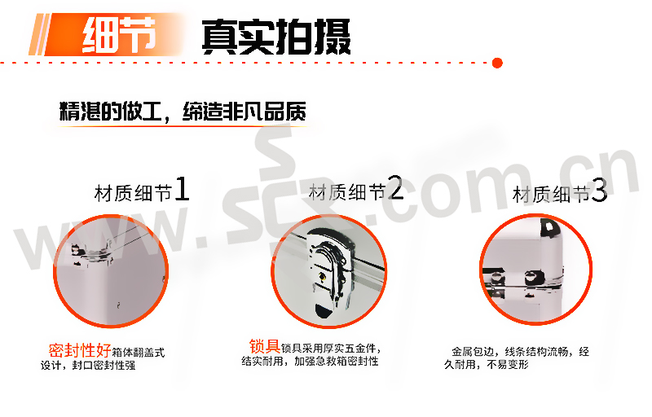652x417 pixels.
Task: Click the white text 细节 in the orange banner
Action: (119, 35)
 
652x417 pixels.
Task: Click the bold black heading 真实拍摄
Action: (276, 37)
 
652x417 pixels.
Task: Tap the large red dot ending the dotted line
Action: (497, 64)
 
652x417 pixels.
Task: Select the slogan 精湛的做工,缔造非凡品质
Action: (183, 111)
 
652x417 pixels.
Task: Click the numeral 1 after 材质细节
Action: (182, 189)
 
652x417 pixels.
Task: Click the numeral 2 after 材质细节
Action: (395, 187)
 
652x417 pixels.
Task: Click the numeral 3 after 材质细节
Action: (599, 191)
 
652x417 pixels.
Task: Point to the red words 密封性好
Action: (80, 350)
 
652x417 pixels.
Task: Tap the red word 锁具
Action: (264, 346)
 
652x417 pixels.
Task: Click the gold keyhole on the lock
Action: (321, 276)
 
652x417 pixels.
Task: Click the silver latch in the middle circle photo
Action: (331, 270)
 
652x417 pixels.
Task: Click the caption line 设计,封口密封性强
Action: (88, 366)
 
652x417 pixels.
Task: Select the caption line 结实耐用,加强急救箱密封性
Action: (310, 362)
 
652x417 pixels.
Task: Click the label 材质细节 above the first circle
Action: (133, 193)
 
